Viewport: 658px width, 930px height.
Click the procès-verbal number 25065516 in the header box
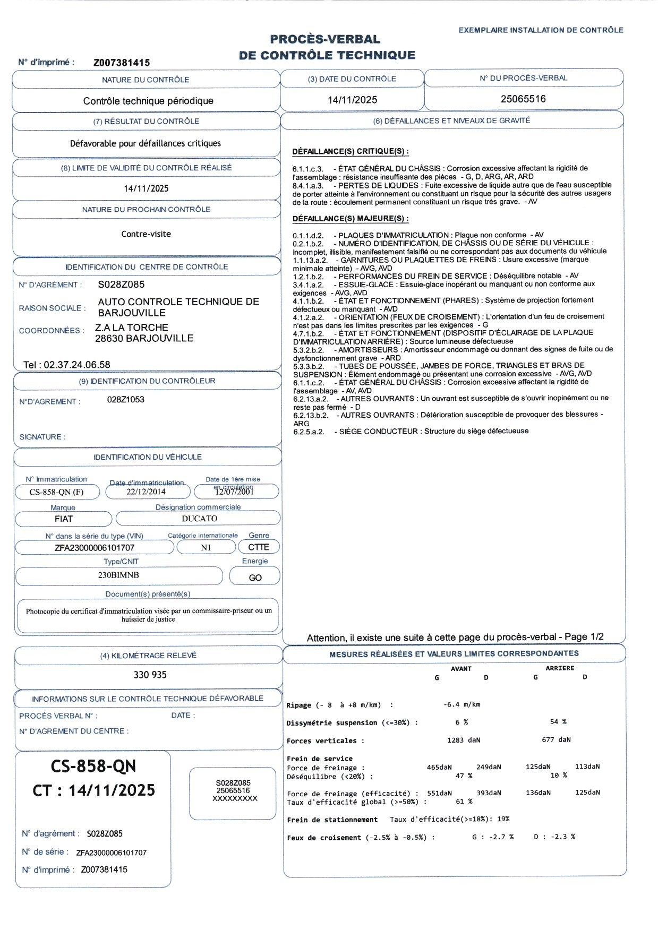point(523,99)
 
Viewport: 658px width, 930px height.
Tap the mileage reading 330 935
point(150,675)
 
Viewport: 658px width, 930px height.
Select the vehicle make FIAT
point(64,519)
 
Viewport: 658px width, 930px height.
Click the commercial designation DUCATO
point(199,519)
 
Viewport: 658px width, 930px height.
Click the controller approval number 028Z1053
point(126,400)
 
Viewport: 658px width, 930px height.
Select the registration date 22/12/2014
point(146,492)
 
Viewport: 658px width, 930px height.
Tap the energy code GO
point(255,578)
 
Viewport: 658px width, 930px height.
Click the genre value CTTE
point(259,547)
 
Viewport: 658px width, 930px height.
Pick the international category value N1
point(206,547)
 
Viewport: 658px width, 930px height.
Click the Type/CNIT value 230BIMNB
point(118,575)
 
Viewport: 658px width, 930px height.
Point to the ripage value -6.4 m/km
point(462,704)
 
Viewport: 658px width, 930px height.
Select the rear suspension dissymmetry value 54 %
point(558,722)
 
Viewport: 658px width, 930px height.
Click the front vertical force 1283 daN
point(464,739)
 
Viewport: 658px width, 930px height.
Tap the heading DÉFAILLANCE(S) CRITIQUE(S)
point(351,152)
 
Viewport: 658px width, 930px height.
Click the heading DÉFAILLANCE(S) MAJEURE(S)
point(351,219)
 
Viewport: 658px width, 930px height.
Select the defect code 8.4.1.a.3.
point(308,186)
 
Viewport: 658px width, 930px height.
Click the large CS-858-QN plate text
point(93,766)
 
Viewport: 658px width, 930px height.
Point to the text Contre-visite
point(146,234)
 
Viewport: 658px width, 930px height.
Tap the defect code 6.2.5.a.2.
point(309,432)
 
